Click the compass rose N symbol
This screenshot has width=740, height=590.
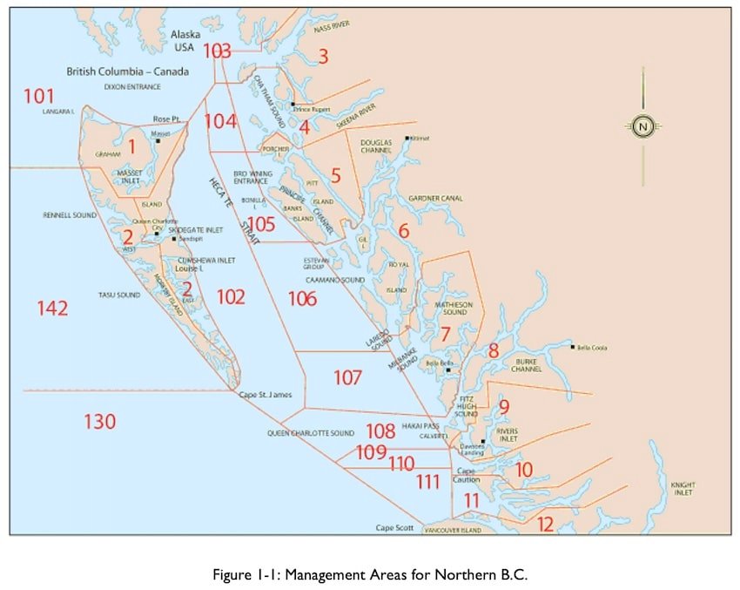tap(643, 125)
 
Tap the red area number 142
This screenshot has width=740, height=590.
tap(52, 308)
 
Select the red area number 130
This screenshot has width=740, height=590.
tap(100, 422)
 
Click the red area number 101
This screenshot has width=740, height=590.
tap(39, 96)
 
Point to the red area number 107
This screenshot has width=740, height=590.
tap(347, 377)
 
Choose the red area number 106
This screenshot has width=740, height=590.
tap(302, 299)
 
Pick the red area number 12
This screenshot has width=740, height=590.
tap(545, 524)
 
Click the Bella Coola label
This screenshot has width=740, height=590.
tap(593, 348)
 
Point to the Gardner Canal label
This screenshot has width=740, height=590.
tap(436, 199)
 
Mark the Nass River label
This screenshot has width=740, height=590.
tap(331, 26)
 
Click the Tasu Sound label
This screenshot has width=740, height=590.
tap(119, 295)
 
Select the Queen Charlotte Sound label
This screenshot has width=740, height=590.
tap(311, 432)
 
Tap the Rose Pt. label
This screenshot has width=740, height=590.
tap(165, 119)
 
